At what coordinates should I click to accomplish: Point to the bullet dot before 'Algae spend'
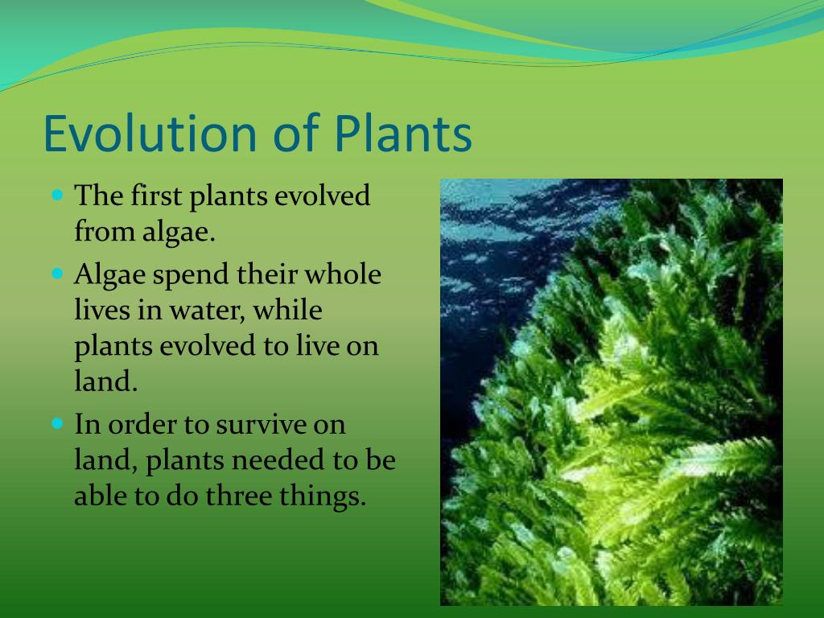(x=58, y=274)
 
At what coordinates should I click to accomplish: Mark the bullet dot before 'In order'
(x=58, y=423)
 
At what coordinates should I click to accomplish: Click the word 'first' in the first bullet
(x=157, y=195)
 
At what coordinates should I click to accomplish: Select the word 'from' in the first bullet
(x=105, y=231)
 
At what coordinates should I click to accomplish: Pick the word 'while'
(x=287, y=309)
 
